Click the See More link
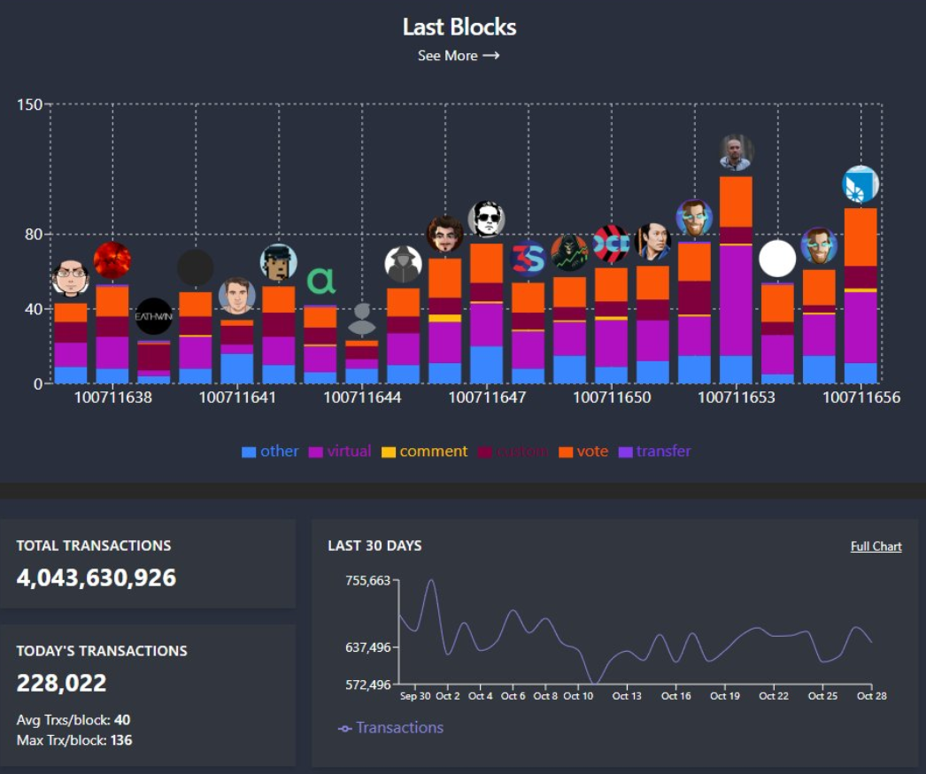click(x=459, y=56)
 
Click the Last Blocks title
click(x=459, y=27)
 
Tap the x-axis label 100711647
click(x=487, y=398)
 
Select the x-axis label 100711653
click(x=737, y=398)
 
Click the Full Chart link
click(x=876, y=546)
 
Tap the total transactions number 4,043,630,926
click(x=96, y=578)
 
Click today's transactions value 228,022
click(x=62, y=683)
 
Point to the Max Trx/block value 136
click(x=121, y=739)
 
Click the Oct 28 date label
click(x=871, y=696)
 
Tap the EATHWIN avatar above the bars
click(x=154, y=316)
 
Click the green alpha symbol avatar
click(x=321, y=282)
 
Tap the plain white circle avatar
click(x=777, y=259)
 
